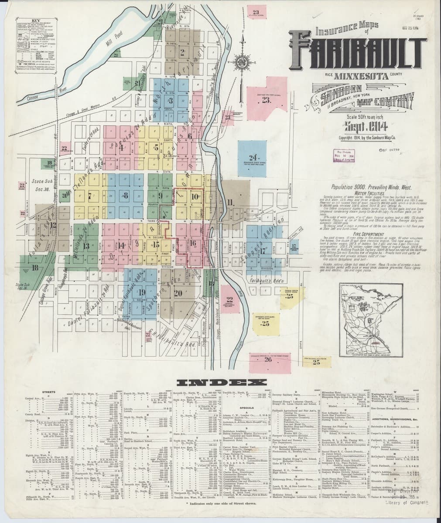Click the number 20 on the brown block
(178, 293)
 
